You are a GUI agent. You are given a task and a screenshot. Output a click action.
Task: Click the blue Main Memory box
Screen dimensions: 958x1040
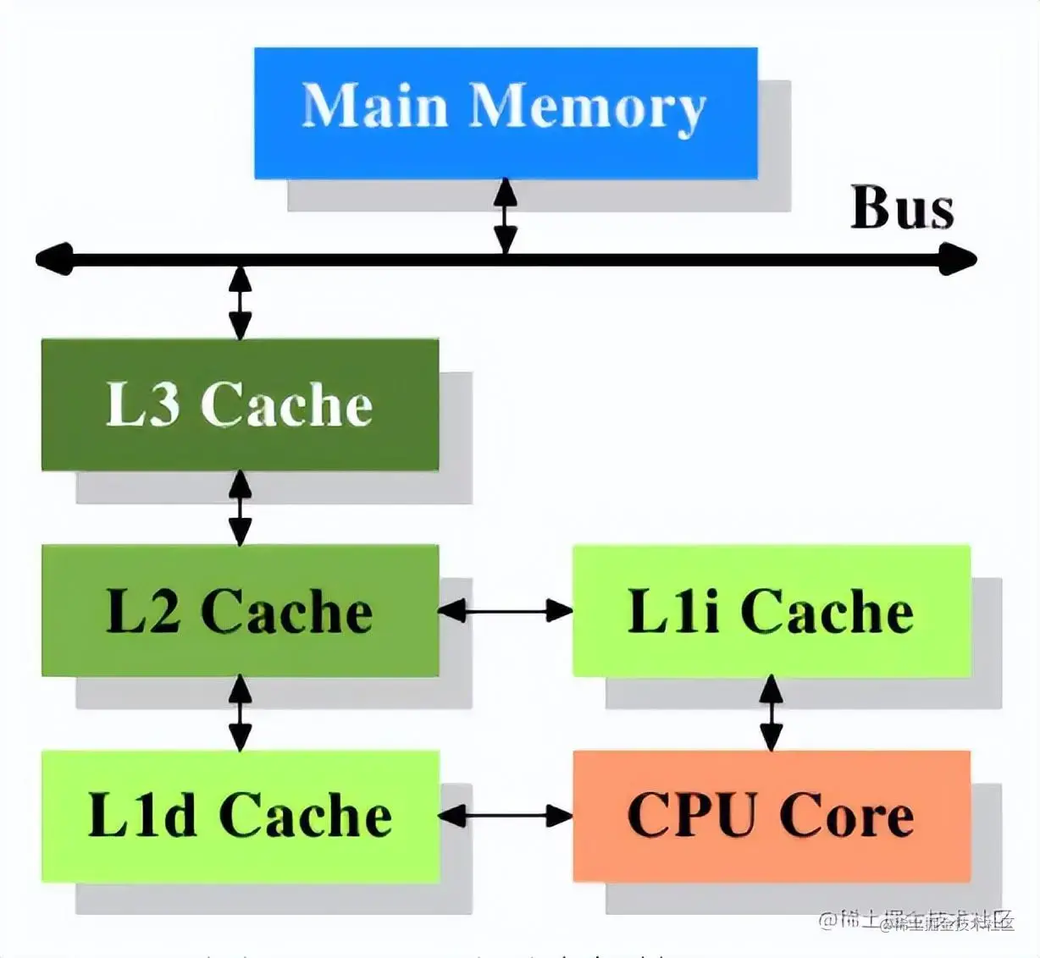506,113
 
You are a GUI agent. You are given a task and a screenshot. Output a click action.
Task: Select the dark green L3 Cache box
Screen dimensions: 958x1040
240,405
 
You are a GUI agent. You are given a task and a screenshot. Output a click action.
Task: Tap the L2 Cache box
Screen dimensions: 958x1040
240,610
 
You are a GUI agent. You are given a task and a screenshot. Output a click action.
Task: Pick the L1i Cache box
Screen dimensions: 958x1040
771,610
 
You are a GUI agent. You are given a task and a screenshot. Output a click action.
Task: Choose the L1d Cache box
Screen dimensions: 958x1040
240,816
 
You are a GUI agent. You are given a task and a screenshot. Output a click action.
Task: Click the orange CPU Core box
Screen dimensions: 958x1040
771,816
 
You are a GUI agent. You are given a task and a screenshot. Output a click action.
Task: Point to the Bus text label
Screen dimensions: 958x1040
902,208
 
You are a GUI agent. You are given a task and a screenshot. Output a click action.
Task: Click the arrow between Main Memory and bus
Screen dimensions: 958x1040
506,216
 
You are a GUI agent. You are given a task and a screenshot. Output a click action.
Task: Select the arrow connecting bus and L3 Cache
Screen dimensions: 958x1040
241,302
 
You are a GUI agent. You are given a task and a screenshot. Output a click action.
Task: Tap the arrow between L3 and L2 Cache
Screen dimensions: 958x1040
241,508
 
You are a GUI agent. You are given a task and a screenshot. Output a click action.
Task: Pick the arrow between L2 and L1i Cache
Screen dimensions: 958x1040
506,610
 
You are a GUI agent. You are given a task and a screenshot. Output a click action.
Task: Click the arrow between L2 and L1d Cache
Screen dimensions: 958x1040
241,713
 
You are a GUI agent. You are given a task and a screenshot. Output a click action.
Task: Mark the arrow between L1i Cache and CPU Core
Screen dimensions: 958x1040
771,713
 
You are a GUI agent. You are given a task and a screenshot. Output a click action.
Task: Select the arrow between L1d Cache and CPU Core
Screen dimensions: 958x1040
506,816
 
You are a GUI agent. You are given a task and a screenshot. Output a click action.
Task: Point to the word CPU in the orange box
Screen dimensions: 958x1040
690,816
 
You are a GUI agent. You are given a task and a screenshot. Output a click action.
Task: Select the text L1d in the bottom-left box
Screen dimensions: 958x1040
141,816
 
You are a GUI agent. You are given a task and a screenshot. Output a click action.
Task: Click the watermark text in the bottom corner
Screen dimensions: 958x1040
919,921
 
